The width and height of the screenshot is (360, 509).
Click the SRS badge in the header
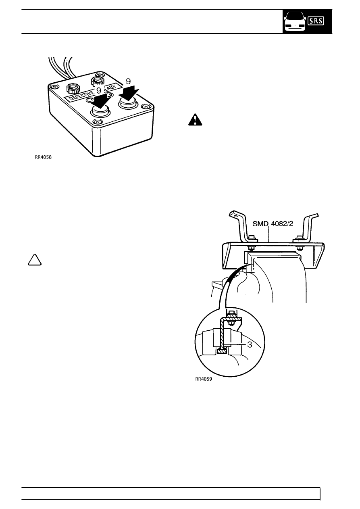[x=316, y=21]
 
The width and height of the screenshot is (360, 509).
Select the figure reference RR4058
[x=43, y=157]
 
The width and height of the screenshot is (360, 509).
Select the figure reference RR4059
[x=204, y=379]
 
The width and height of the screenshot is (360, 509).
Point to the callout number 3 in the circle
[x=250, y=344]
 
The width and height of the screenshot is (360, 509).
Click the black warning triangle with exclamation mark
[x=195, y=120]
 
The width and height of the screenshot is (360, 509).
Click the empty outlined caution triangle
[x=35, y=261]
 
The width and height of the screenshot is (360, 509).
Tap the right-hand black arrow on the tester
[x=129, y=94]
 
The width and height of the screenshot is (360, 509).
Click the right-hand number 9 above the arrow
[x=128, y=81]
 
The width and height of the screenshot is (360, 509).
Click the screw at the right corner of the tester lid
[x=145, y=106]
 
